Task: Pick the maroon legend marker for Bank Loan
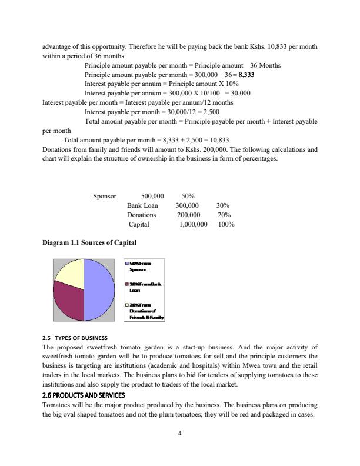127,284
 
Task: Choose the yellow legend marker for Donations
127,304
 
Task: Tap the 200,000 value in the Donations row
189,215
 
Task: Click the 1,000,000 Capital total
193,224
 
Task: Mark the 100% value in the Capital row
226,224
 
